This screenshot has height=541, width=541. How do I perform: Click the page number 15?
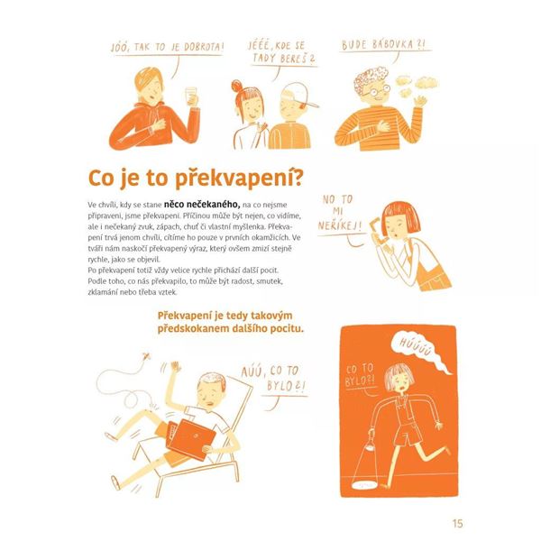point(457,522)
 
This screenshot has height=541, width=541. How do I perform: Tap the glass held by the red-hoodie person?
point(190,96)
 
